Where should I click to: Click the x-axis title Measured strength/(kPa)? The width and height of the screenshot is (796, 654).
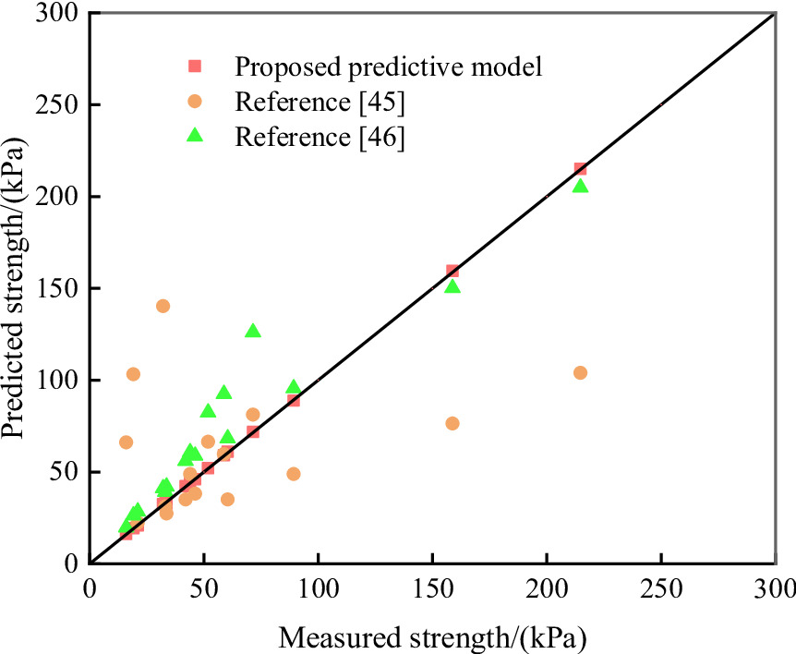pyautogui.click(x=433, y=636)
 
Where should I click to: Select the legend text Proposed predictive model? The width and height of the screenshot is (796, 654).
pyautogui.click(x=387, y=67)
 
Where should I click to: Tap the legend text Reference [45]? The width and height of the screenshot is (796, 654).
pyautogui.click(x=320, y=101)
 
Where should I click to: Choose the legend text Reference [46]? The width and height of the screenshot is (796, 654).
pyautogui.click(x=320, y=136)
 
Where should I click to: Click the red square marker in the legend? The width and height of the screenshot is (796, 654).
pyautogui.click(x=195, y=66)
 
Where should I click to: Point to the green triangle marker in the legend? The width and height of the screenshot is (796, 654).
pyautogui.click(x=195, y=135)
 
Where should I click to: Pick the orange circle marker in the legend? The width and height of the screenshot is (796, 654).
pyautogui.click(x=195, y=101)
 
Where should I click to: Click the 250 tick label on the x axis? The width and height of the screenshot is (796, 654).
pyautogui.click(x=660, y=588)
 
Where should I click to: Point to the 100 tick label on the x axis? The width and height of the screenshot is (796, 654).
pyautogui.click(x=318, y=588)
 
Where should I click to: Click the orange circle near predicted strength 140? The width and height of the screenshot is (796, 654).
pyautogui.click(x=163, y=306)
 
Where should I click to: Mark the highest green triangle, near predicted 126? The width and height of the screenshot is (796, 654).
pyautogui.click(x=253, y=331)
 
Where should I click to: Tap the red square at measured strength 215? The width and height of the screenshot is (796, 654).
pyautogui.click(x=580, y=169)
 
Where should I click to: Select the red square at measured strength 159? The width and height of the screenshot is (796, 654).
pyautogui.click(x=452, y=271)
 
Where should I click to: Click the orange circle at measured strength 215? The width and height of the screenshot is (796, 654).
pyautogui.click(x=580, y=372)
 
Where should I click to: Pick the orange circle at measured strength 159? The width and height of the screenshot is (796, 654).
pyautogui.click(x=452, y=423)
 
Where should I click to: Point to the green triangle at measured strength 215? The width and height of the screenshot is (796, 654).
pyautogui.click(x=580, y=187)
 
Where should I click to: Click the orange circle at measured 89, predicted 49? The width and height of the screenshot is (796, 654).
pyautogui.click(x=293, y=474)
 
